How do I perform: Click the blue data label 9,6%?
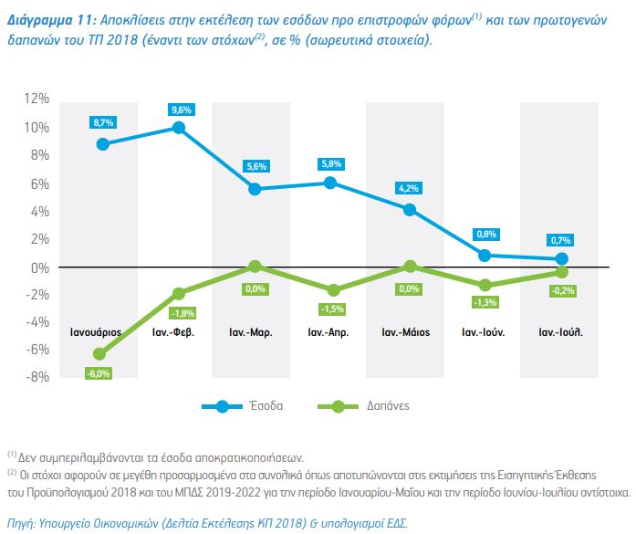point(179,110)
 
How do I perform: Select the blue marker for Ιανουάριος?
point(102,144)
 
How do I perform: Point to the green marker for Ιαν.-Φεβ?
point(179,294)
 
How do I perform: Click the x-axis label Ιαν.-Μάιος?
point(406,332)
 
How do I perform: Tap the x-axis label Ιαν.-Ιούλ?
point(559,332)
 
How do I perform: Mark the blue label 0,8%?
point(485,235)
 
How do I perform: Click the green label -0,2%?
point(563,291)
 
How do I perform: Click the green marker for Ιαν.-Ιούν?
point(485,285)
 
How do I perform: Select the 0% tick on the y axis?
point(40,267)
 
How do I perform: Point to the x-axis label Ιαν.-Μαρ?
point(255,332)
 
